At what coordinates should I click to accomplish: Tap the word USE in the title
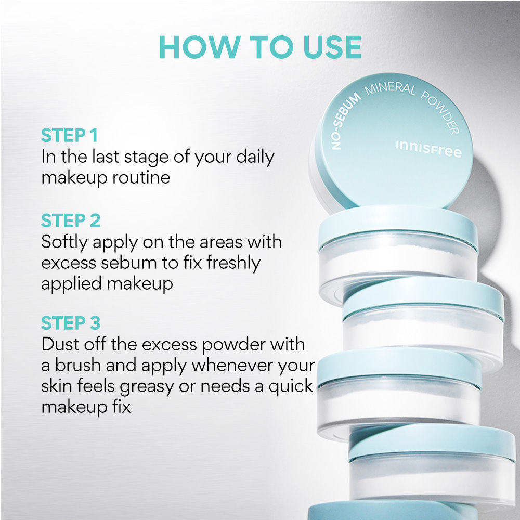332,47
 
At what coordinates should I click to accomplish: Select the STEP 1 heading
69,135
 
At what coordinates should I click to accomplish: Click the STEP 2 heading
71,220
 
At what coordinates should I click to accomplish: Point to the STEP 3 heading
71,323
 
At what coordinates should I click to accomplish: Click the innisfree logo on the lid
428,149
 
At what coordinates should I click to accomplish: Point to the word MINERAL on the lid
390,89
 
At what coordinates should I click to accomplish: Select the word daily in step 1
255,158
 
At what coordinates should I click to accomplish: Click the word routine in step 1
141,177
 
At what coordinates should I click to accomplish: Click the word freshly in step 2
233,264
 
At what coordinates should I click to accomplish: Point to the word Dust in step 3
60,344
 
